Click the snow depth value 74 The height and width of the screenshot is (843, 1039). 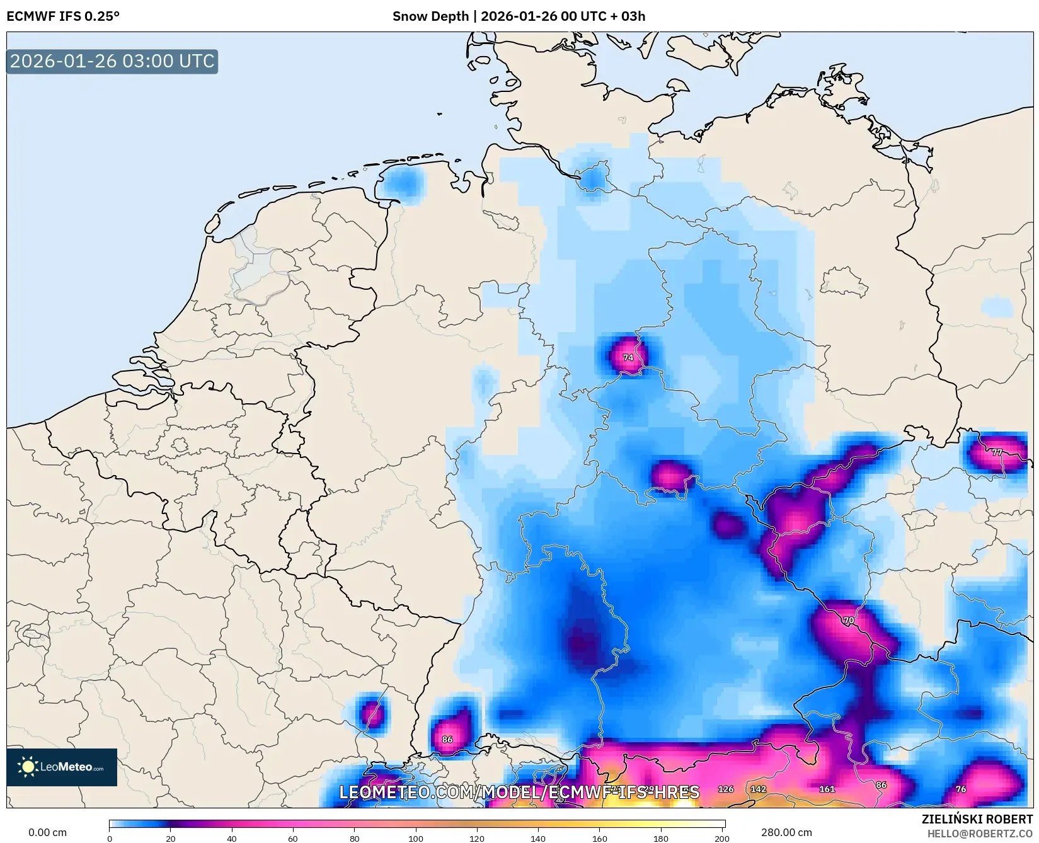point(628,357)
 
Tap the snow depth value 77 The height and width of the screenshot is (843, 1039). point(996,452)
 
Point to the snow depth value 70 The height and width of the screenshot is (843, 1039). point(849,621)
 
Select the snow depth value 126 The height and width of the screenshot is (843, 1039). point(726,789)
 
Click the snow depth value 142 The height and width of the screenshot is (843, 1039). point(758,789)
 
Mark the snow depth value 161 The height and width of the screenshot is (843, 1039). point(827,789)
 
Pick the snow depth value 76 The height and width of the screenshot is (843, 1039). point(960,789)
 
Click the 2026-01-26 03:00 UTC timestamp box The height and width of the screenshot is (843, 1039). point(112,61)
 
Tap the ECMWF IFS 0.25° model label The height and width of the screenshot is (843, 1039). point(62,16)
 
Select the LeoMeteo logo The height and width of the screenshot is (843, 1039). point(62,767)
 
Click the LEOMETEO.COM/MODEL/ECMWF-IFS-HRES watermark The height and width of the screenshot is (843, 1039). point(519,792)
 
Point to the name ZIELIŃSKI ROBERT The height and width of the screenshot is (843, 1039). point(977,820)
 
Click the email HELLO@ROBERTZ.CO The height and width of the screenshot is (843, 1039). point(980,834)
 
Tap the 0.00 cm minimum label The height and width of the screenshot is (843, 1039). point(47,832)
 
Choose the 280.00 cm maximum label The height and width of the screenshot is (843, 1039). point(786,832)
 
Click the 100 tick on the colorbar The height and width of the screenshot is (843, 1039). point(416,838)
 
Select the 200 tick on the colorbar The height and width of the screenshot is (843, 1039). point(722,838)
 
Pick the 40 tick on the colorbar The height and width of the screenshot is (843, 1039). point(232,838)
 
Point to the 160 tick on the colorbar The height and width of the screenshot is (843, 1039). point(600,838)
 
